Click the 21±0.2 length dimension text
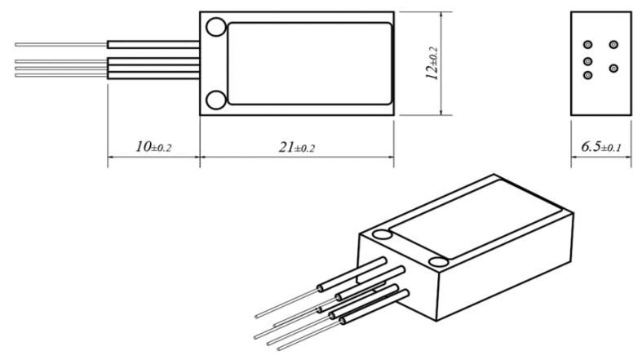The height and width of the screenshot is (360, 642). tap(296, 147)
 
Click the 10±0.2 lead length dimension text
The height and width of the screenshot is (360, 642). tap(154, 147)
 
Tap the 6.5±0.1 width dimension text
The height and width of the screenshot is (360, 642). tap(601, 147)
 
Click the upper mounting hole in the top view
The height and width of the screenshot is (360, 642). tap(215, 28)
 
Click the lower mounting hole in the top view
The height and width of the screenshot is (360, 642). tap(215, 100)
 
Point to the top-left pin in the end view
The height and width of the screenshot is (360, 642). tap(587, 44)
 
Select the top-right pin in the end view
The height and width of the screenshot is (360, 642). tap(613, 44)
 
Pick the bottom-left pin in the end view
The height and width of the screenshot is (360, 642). tap(587, 75)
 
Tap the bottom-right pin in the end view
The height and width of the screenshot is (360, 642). tap(613, 66)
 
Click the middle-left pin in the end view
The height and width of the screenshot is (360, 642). tap(587, 61)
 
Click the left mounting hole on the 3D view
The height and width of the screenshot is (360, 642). tap(381, 235)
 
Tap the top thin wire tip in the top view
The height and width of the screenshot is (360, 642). tap(18, 44)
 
